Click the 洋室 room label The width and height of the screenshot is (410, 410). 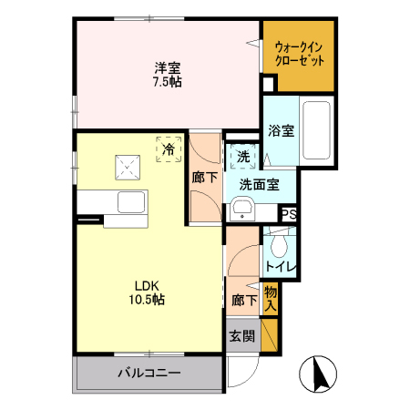(167, 67)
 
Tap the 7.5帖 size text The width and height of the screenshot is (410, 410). (167, 82)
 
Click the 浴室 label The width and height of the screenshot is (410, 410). (281, 130)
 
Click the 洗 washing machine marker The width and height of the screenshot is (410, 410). (243, 157)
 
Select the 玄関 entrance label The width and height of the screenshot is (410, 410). (241, 334)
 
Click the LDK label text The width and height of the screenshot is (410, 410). (150, 283)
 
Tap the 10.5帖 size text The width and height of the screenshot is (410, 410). (150, 299)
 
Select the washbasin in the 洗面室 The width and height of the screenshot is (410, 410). (241, 212)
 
